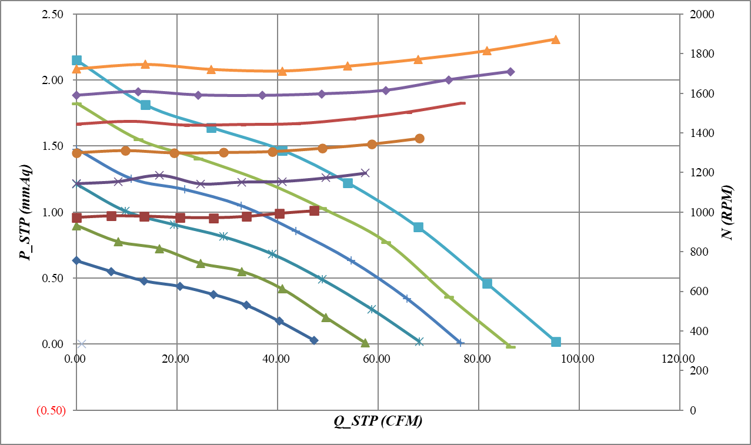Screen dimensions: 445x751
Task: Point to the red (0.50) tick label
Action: pos(51,410)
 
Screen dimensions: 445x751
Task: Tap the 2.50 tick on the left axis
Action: pos(54,14)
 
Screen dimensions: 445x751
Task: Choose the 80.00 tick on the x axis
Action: pos(479,357)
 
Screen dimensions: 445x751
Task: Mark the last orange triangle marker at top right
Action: pos(556,39)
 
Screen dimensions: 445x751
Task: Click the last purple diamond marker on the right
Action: pos(510,72)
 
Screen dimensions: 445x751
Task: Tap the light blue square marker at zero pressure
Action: pos(556,342)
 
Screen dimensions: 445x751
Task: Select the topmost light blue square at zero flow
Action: pos(76,60)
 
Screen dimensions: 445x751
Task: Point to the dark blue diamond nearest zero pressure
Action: pos(314,340)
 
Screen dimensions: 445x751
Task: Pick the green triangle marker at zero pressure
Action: pos(365,343)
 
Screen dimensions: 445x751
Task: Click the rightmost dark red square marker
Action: pos(314,210)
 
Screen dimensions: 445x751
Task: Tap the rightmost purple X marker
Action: pos(365,173)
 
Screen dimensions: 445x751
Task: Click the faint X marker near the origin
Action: pos(82,344)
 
